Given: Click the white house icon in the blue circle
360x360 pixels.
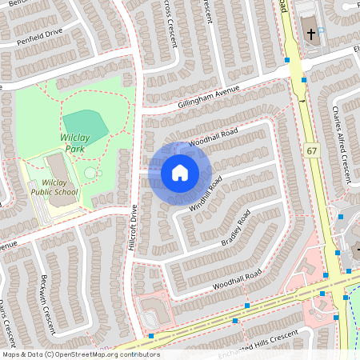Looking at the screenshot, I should pyautogui.click(x=179, y=173).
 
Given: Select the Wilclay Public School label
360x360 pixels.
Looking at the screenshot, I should pyautogui.click(x=54, y=187).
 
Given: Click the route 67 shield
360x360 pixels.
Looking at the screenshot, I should pyautogui.click(x=311, y=150).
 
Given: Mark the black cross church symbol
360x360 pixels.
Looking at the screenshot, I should pyautogui.click(x=311, y=34).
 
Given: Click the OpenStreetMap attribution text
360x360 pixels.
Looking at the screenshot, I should pyautogui.click(x=80, y=354).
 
